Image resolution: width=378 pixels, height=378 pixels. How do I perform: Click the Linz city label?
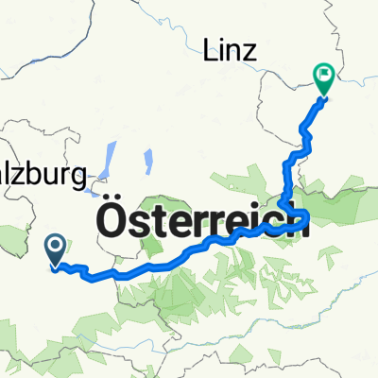pyautogui.click(x=231, y=53)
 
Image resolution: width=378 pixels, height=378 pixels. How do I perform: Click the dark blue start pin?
pyautogui.click(x=55, y=250)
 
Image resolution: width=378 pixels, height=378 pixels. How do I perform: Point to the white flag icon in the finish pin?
pyautogui.click(x=323, y=73)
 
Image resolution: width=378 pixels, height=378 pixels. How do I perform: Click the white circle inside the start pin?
pyautogui.click(x=55, y=246)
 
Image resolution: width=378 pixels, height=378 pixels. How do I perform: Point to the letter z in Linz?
pyautogui.click(x=249, y=55)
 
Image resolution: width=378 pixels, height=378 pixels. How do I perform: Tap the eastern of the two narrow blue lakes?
pyautogui.click(x=149, y=163)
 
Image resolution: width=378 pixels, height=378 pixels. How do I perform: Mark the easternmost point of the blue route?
pyautogui.click(x=308, y=224)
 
